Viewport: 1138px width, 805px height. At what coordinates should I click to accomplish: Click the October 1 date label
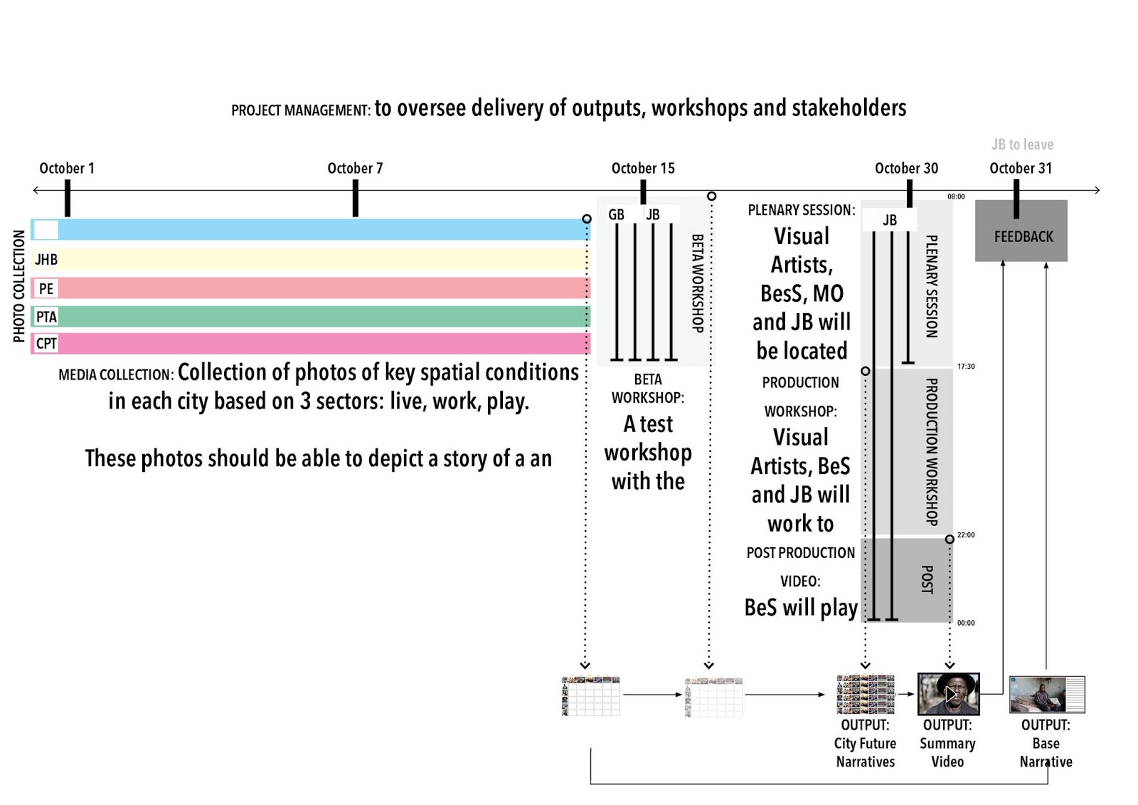point(67,169)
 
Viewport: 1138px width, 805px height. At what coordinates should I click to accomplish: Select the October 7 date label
point(355,169)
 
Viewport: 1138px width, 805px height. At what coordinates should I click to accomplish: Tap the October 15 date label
point(643,169)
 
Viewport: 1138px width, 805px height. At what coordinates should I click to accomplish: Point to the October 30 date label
point(906,169)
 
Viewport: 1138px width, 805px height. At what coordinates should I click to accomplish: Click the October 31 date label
point(1021,169)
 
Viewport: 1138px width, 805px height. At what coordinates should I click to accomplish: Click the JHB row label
point(46,260)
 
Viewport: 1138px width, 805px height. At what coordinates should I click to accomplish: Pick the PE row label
point(46,288)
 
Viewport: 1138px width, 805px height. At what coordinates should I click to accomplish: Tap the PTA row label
point(46,317)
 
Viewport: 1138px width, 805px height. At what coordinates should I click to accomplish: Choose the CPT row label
point(46,344)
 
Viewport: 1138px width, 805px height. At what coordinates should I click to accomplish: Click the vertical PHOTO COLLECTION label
point(19,286)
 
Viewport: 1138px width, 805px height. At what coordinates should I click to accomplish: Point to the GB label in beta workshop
point(616,214)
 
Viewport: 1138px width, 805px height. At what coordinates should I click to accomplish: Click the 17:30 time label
point(966,367)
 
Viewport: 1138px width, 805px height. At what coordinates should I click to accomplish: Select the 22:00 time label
point(966,535)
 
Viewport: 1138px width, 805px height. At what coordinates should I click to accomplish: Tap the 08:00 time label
point(956,196)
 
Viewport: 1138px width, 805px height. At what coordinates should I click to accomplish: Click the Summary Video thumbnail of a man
point(948,693)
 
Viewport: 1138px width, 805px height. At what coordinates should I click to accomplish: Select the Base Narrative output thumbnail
point(1046,694)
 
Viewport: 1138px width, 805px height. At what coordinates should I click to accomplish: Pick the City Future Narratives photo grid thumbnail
point(866,694)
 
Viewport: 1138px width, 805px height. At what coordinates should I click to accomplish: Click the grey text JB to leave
point(1022,144)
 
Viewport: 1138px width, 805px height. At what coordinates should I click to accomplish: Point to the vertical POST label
point(927,579)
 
